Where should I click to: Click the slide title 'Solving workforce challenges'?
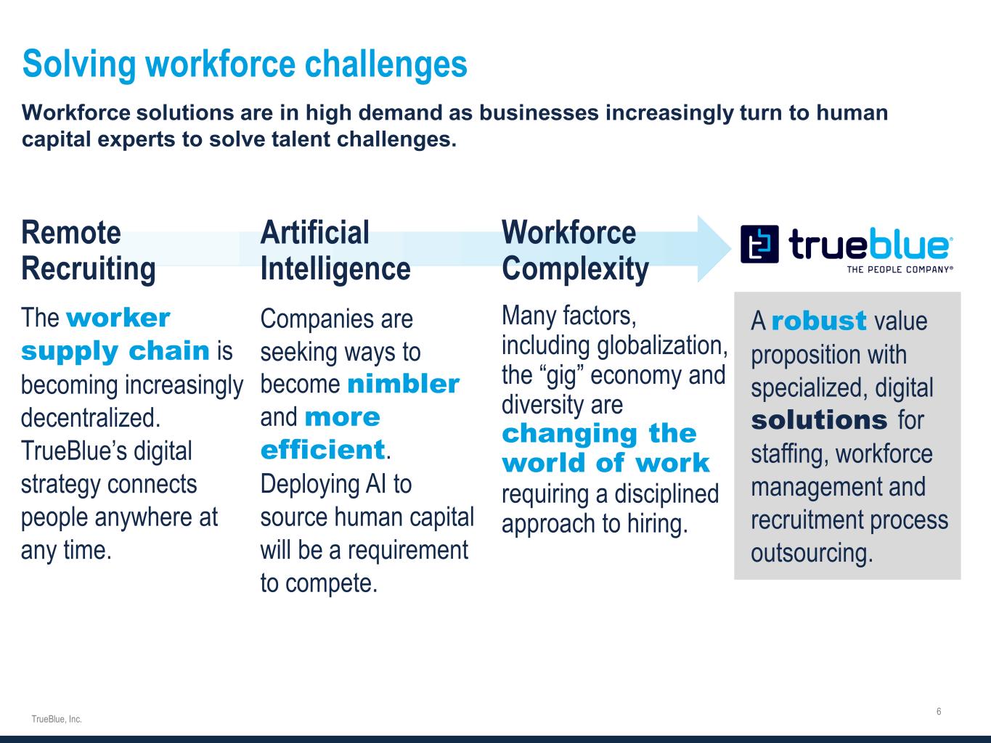coord(245,64)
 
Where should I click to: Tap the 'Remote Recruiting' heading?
coord(89,251)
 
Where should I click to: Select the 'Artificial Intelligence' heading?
coord(335,251)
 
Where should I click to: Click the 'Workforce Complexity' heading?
coord(575,251)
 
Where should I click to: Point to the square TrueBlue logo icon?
coord(759,244)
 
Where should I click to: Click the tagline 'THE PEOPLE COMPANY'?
coord(900,270)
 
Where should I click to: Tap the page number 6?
coord(939,711)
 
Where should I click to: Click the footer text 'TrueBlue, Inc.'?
coord(57,719)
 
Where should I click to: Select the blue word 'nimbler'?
coord(404,384)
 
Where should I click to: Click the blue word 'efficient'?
coord(323,450)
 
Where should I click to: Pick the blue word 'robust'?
coord(819,321)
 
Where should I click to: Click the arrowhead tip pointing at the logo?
coord(730,248)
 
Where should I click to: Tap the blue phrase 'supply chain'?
coord(115,351)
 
